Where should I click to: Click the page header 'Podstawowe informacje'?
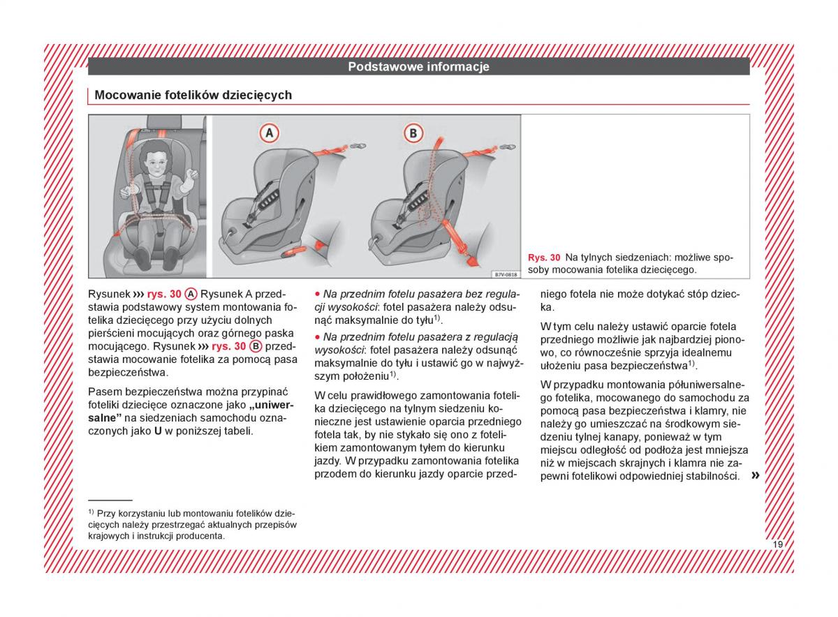point(418,67)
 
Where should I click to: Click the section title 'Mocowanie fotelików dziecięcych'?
point(193,95)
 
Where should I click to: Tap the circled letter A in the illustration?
point(269,133)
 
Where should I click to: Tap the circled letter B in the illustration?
point(413,133)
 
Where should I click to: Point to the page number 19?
point(777,544)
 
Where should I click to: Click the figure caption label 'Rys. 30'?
point(544,258)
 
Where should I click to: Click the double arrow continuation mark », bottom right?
point(755,476)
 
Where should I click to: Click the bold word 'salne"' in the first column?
point(105,417)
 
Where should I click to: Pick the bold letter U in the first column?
point(158,431)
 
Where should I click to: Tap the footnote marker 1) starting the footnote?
point(91,512)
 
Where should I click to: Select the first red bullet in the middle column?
point(317,294)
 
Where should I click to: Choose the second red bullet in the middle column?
point(317,336)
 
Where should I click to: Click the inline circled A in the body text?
point(191,294)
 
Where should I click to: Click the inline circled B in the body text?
point(256,346)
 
